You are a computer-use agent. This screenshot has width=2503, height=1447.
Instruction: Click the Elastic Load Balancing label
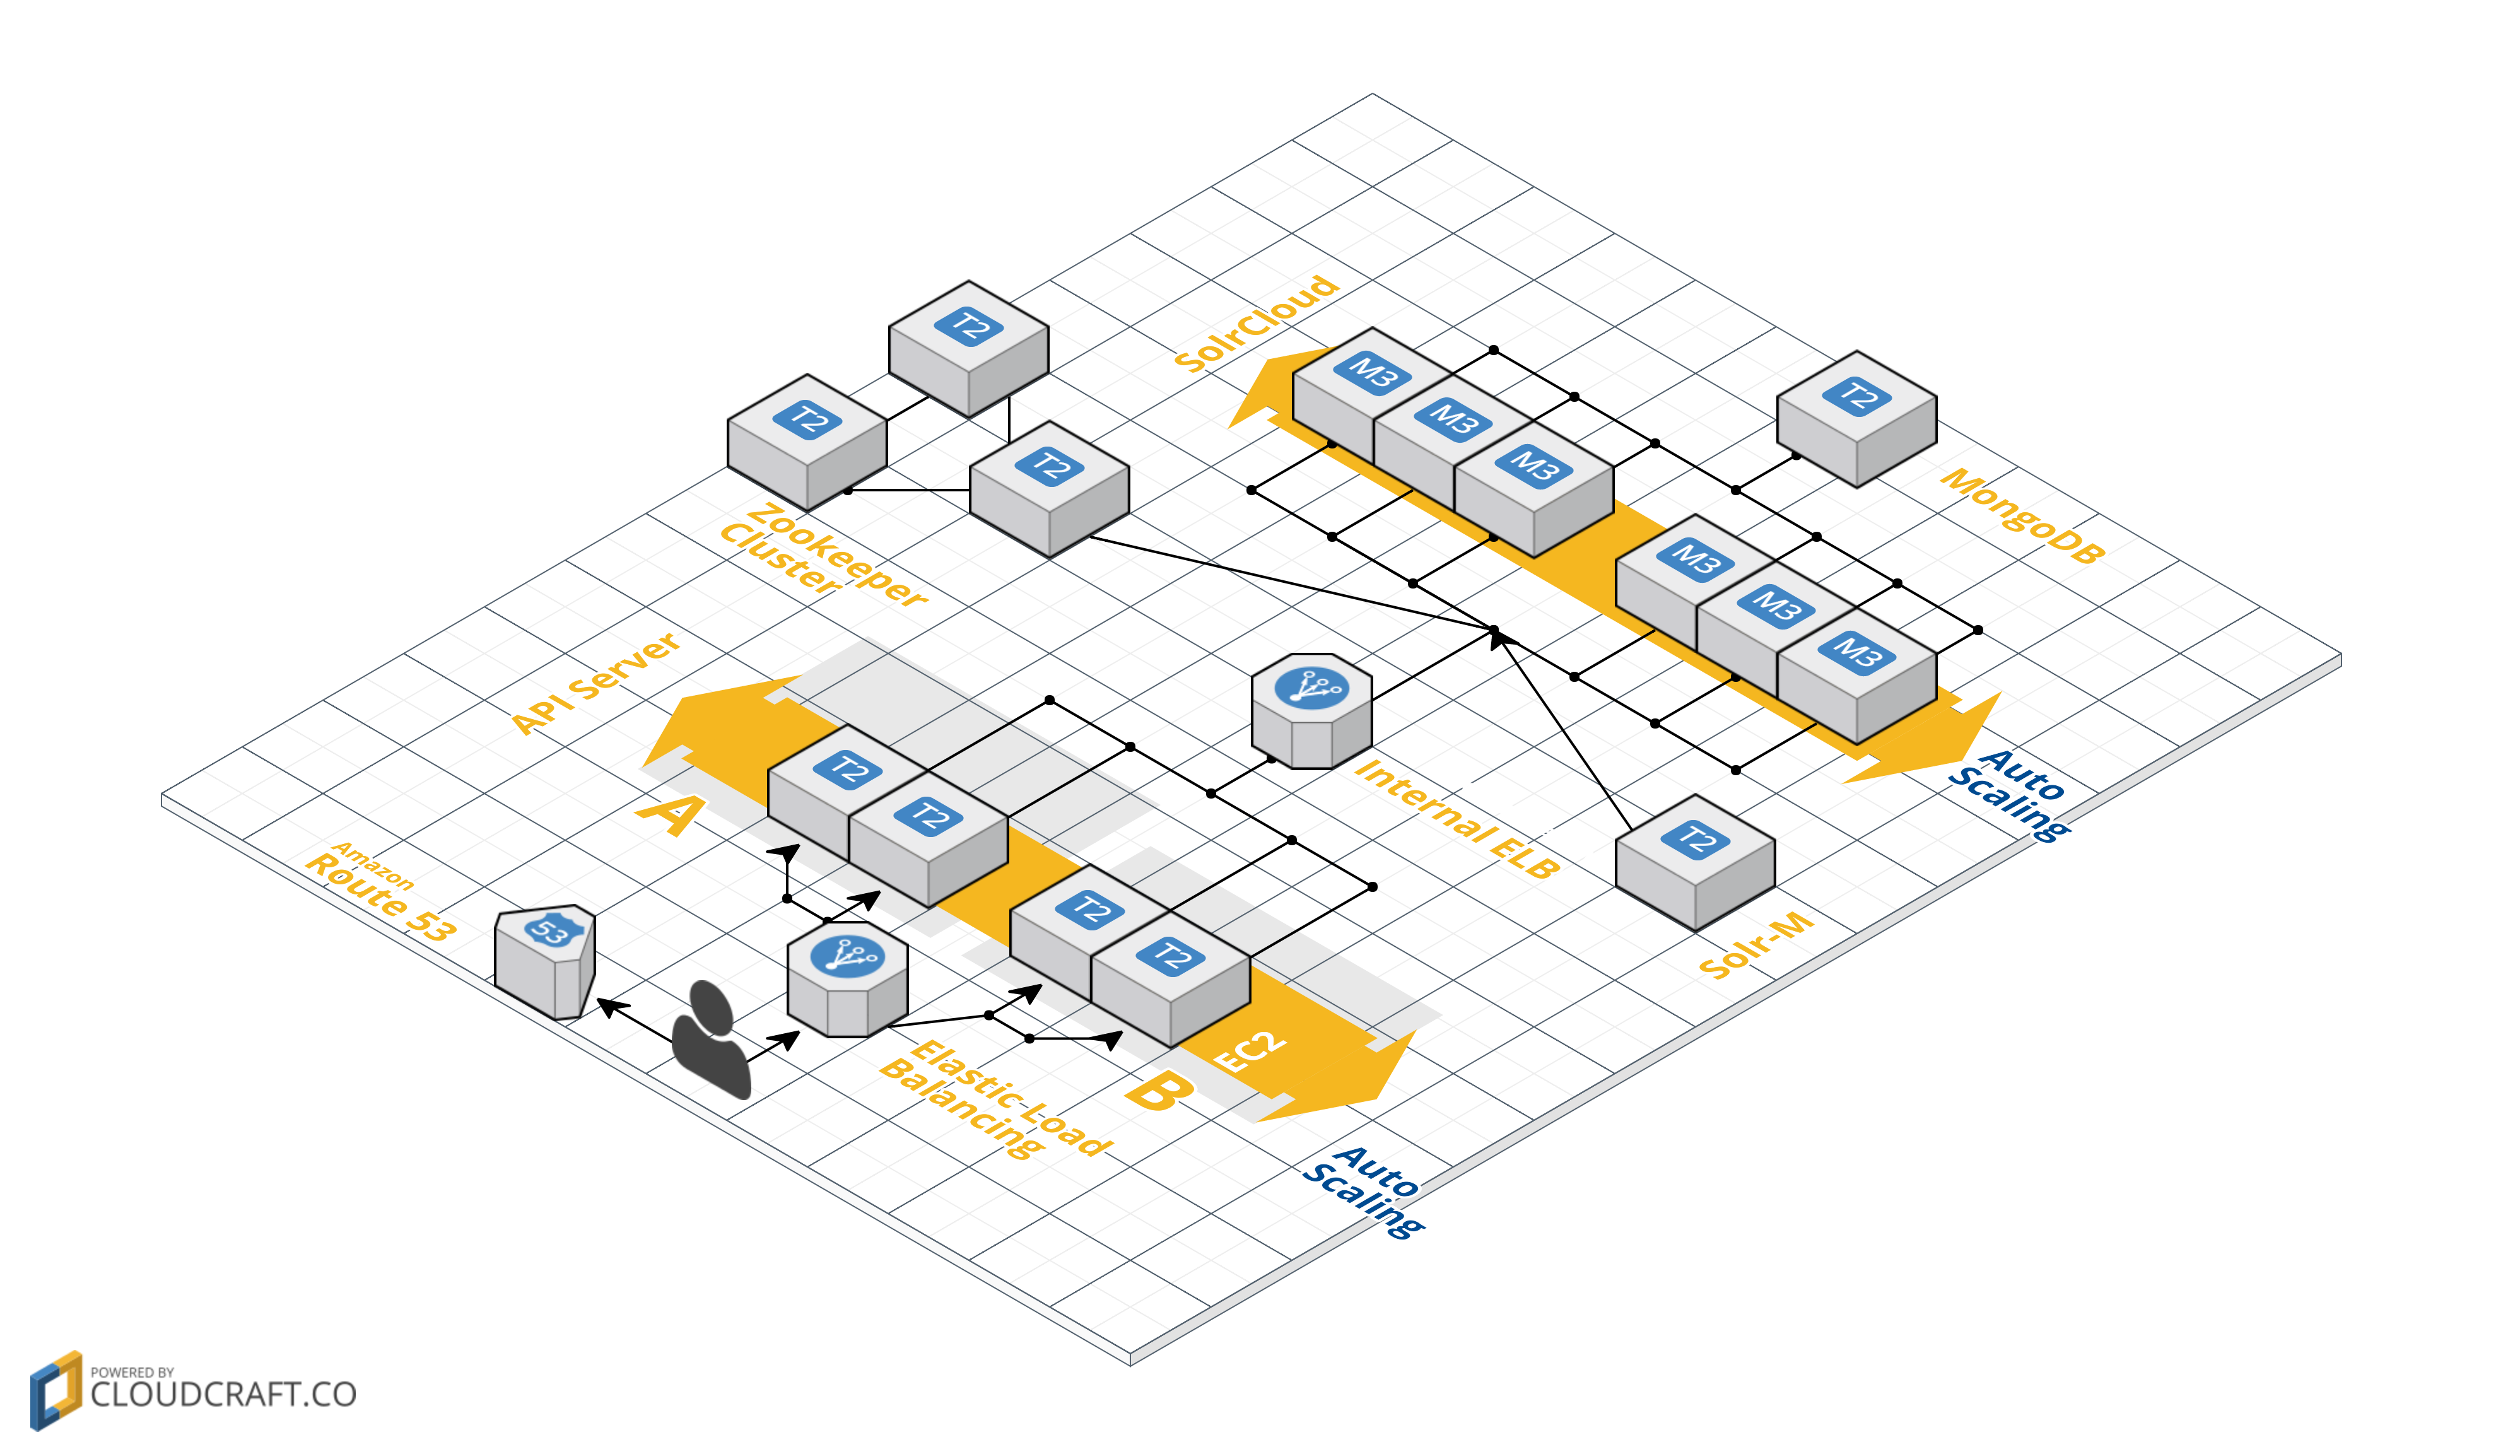tap(994, 1098)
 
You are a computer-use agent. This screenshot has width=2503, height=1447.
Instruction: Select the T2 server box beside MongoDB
tap(1855, 417)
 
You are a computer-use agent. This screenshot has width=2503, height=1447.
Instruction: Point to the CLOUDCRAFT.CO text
tap(223, 1395)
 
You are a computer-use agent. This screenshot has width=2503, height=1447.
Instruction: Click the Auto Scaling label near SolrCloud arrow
tap(2008, 795)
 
